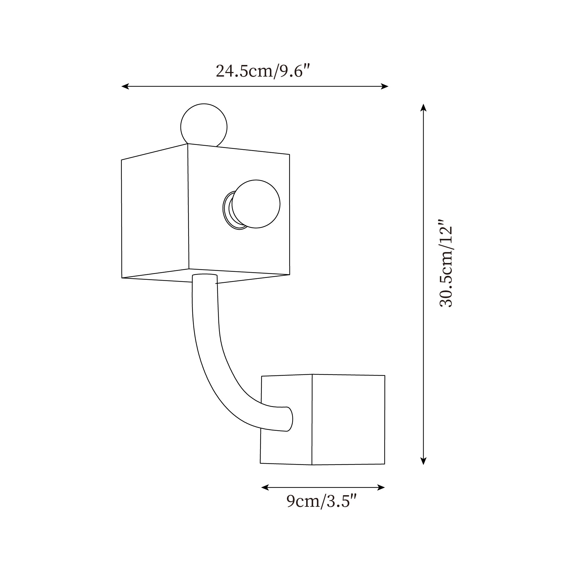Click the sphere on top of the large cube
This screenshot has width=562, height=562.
[204, 126]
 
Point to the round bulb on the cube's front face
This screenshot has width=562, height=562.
[256, 204]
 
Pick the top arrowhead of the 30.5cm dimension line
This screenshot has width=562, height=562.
[423, 108]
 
